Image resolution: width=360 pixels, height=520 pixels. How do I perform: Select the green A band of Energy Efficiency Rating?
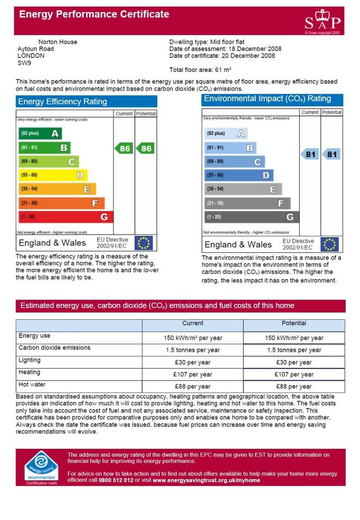40,133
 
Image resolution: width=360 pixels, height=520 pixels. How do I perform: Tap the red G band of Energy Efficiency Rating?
65,217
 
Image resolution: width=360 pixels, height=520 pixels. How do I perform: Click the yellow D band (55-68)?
53,175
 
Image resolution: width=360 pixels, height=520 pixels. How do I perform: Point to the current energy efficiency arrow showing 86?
124,148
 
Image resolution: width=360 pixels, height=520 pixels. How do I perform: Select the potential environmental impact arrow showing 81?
331,154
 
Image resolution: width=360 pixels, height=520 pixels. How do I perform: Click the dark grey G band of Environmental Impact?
252,217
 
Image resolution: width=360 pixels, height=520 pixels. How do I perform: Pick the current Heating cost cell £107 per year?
192,375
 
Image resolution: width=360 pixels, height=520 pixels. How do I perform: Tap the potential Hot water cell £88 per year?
294,387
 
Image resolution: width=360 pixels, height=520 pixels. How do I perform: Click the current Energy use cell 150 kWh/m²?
192,338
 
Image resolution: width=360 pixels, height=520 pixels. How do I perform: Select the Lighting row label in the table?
30,360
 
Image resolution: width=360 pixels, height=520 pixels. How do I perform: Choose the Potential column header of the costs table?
294,323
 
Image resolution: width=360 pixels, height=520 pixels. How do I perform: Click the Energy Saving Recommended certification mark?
41,467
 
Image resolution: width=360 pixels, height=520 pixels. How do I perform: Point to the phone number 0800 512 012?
116,480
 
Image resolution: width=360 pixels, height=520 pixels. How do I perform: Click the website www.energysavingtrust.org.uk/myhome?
206,480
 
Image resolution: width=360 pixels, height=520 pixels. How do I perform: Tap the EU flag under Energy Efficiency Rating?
143,243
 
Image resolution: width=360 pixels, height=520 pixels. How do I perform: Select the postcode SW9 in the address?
24,63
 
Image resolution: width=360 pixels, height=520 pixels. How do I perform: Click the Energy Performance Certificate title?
94,14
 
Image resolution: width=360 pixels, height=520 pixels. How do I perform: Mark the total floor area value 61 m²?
223,70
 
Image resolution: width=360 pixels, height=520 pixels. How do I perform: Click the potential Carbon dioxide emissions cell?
294,350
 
